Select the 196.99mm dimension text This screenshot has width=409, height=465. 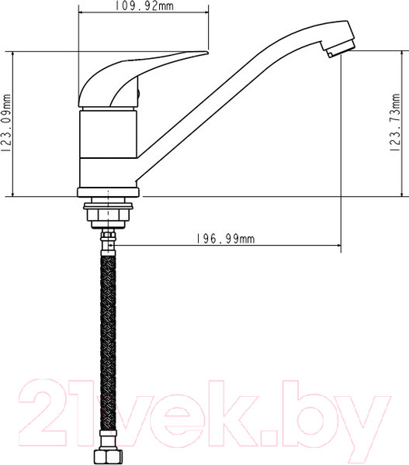[222, 239]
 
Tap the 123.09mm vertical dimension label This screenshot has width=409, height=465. [8, 123]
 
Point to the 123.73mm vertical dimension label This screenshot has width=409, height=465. [396, 123]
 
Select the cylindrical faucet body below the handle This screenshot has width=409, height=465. [109, 147]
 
